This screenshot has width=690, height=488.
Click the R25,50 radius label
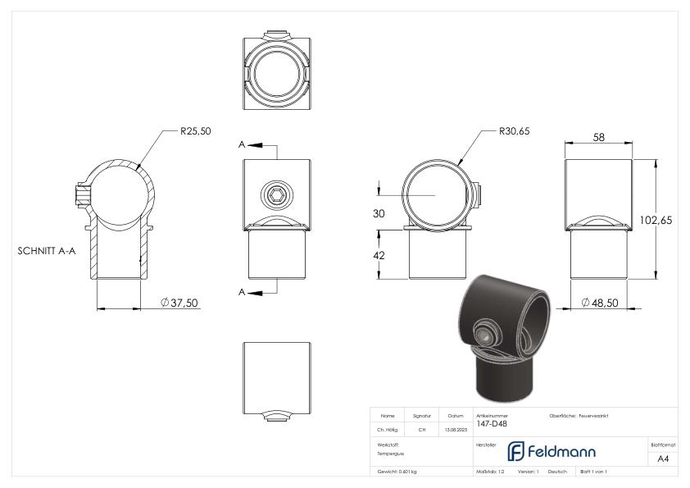tap(195, 131)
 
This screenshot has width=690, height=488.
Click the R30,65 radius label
tap(515, 131)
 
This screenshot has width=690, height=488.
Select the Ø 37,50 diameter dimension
tap(179, 303)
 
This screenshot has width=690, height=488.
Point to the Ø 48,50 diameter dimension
tap(600, 303)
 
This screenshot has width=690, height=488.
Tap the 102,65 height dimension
tap(656, 220)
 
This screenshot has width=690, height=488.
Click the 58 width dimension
tap(598, 138)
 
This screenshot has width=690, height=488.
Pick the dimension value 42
tap(379, 255)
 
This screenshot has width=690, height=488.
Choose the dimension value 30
tap(379, 213)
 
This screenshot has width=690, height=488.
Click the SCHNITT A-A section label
tap(47, 251)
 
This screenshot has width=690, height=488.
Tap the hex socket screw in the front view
tap(277, 194)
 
